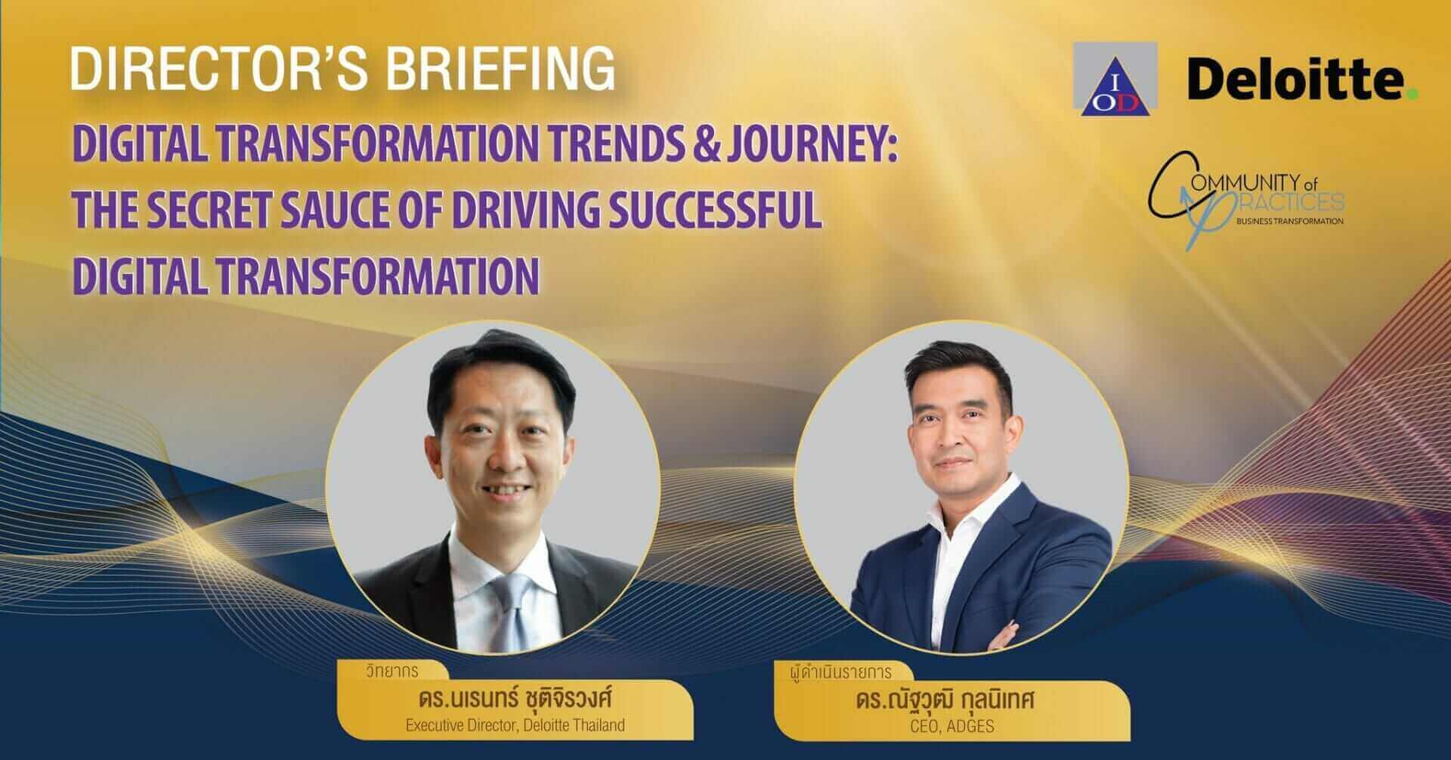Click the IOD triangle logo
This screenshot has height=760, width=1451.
(1114, 81)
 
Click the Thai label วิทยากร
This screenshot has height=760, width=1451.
(389, 671)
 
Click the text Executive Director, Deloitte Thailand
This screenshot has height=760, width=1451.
(515, 725)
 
